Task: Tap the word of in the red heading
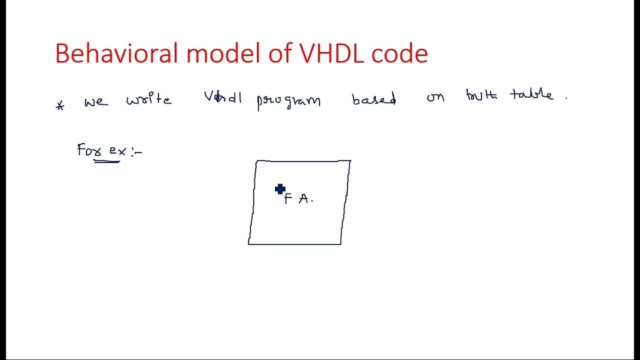pos(281,53)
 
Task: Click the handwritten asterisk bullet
pos(60,106)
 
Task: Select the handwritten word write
pos(149,99)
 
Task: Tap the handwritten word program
pos(288,101)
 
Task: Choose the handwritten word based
pos(374,99)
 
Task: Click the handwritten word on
pos(435,97)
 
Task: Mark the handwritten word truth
pos(481,95)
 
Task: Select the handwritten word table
pos(531,94)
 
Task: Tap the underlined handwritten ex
pos(117,151)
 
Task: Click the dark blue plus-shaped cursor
pos(280,189)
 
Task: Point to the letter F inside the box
pos(288,199)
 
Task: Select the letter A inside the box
pos(304,199)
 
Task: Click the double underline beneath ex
pos(106,161)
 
